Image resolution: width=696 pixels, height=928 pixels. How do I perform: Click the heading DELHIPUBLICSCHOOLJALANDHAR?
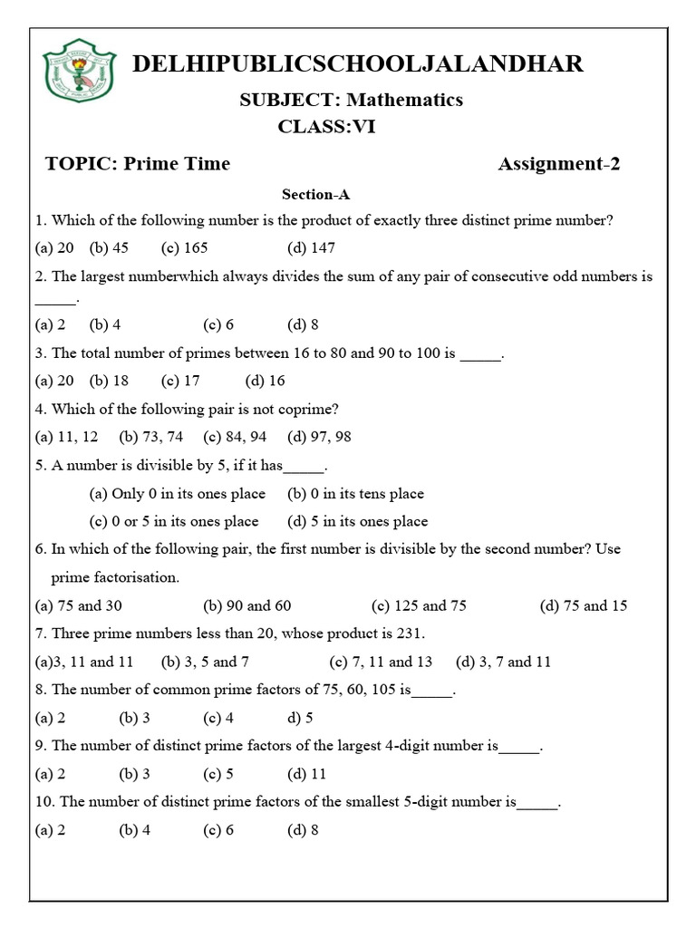click(358, 63)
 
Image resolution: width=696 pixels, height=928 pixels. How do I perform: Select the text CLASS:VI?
click(326, 128)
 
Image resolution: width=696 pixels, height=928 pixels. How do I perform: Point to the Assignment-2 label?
click(559, 164)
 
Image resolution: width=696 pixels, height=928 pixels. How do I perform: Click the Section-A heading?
click(315, 194)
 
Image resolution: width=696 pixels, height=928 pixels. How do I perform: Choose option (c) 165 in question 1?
click(185, 247)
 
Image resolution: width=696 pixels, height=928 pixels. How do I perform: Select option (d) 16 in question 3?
click(265, 381)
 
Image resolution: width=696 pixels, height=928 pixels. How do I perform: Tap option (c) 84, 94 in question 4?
click(235, 437)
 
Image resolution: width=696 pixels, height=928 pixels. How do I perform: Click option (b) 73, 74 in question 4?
click(150, 437)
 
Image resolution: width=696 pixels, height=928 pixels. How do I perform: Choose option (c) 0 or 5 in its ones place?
click(174, 521)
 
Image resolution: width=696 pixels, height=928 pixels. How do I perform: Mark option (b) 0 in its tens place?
click(355, 494)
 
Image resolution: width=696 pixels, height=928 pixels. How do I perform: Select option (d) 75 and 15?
click(584, 605)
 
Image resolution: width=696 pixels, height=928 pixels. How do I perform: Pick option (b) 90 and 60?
click(247, 605)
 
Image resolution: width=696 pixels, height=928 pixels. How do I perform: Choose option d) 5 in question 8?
click(300, 719)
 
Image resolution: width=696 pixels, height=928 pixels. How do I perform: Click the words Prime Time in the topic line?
click(177, 164)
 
